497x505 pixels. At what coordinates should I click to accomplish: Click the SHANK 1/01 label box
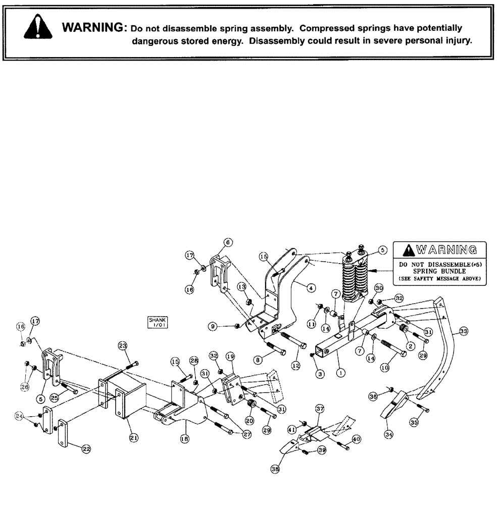pos(157,322)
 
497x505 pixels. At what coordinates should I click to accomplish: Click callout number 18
pos(185,439)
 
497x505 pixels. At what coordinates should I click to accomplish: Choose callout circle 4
pos(312,287)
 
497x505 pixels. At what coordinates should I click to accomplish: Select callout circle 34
pos(389,434)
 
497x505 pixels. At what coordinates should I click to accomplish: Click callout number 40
pos(356,440)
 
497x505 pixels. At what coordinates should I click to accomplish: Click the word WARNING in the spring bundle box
pos(445,249)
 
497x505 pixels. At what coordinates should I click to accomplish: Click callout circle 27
pos(246,434)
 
